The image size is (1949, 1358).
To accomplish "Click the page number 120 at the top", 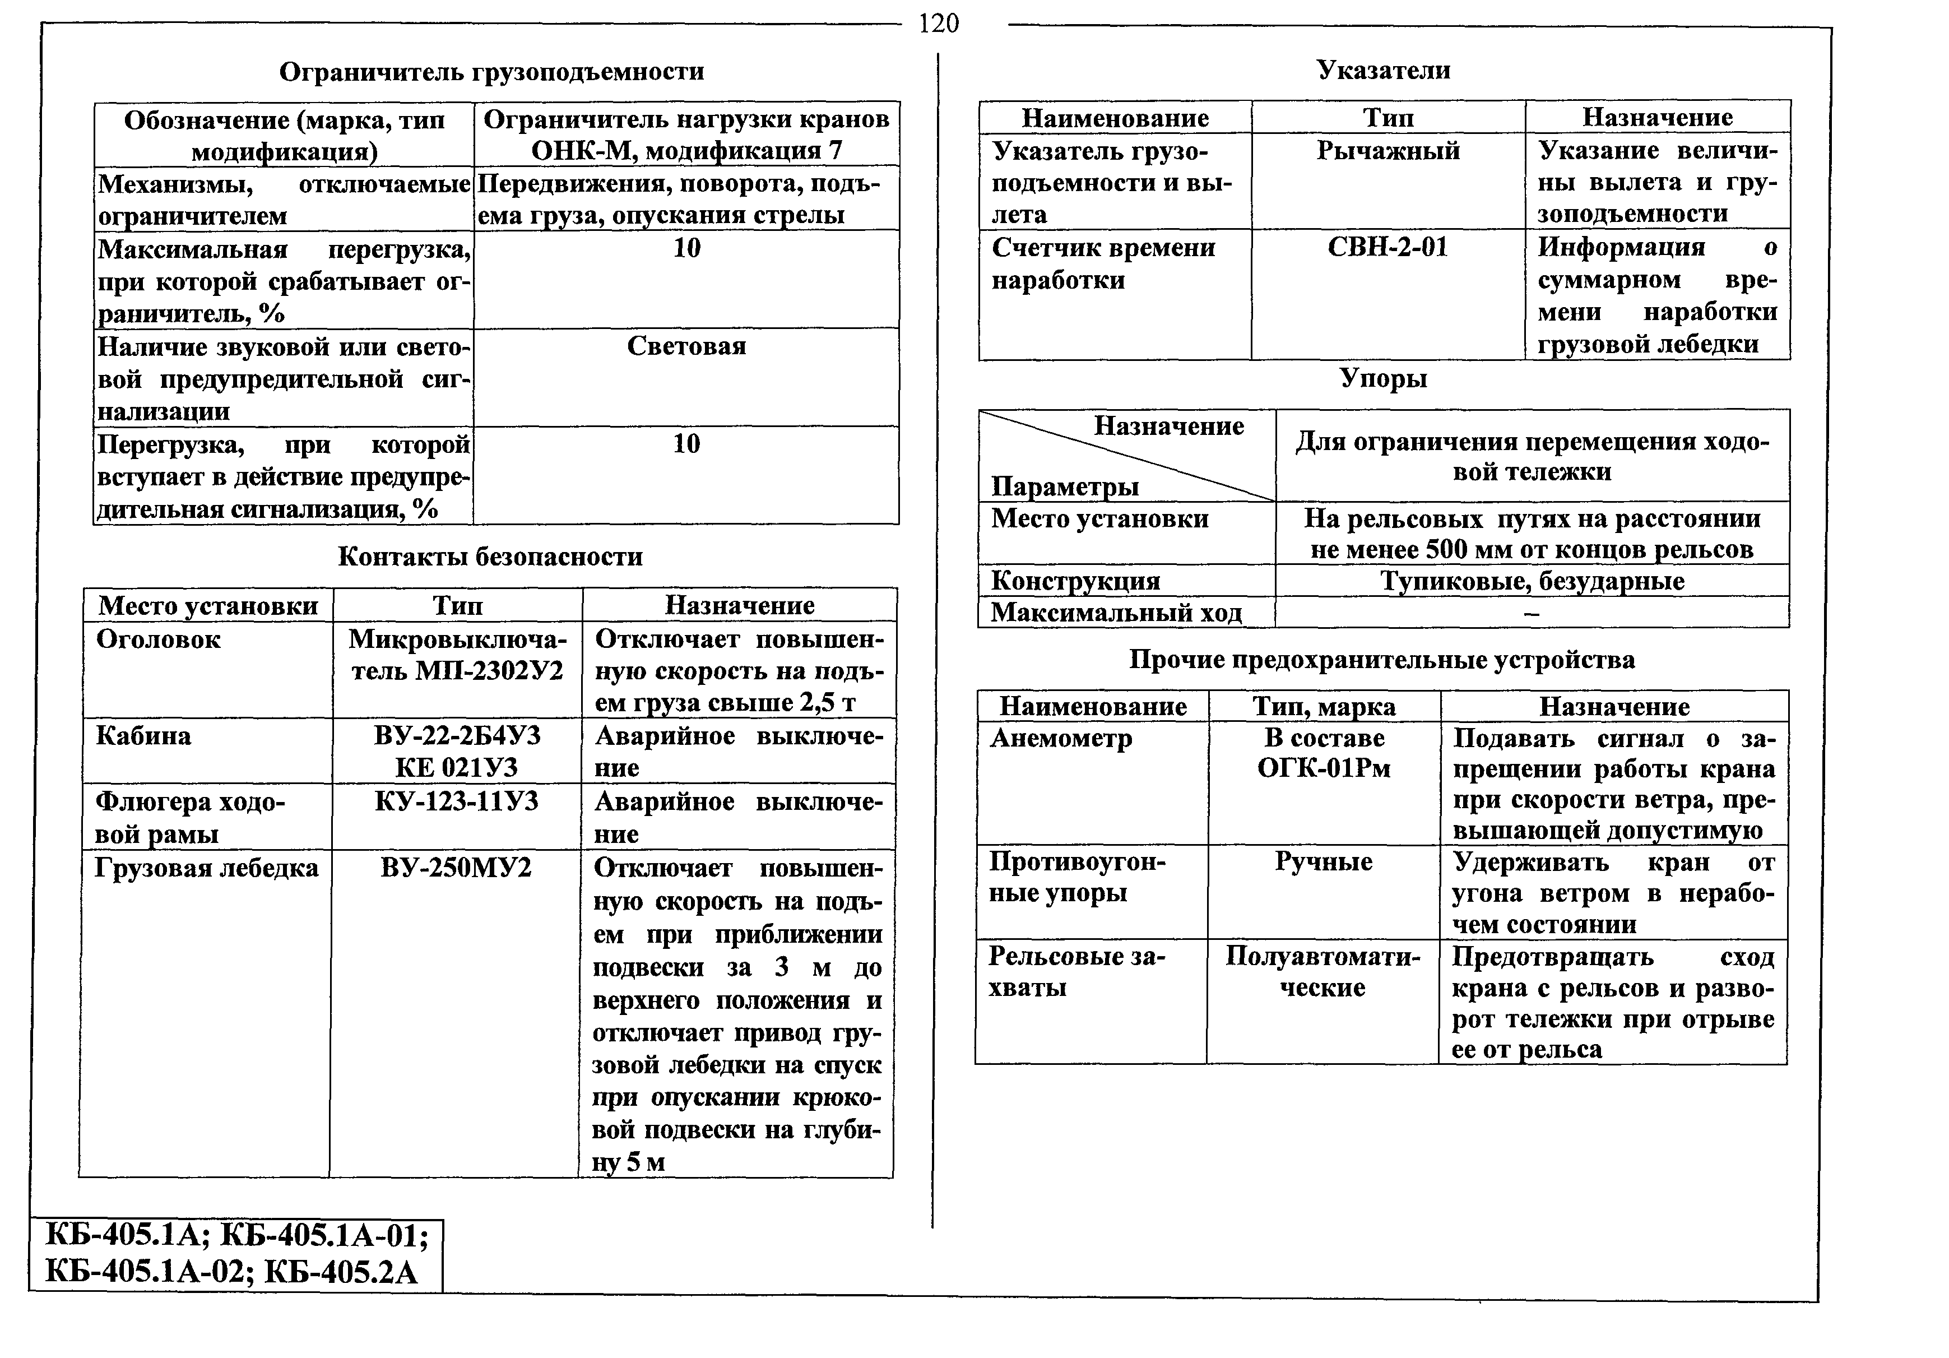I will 938,23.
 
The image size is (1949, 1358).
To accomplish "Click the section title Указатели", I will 1384,69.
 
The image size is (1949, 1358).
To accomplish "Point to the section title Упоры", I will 1384,378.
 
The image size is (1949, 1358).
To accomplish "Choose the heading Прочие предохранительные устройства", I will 1382,660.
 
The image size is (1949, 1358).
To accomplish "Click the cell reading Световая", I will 686,346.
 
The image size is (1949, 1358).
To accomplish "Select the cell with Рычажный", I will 1388,151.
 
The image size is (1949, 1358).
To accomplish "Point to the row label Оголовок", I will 159,639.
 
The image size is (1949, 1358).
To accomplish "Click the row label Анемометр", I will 1061,739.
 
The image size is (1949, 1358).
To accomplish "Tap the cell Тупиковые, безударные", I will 1532,581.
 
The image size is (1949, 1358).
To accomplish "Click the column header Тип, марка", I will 1324,706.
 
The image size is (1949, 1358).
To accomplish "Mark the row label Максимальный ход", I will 1116,612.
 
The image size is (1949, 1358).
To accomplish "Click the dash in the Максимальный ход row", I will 1532,613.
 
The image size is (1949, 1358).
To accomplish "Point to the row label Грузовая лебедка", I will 206,868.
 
